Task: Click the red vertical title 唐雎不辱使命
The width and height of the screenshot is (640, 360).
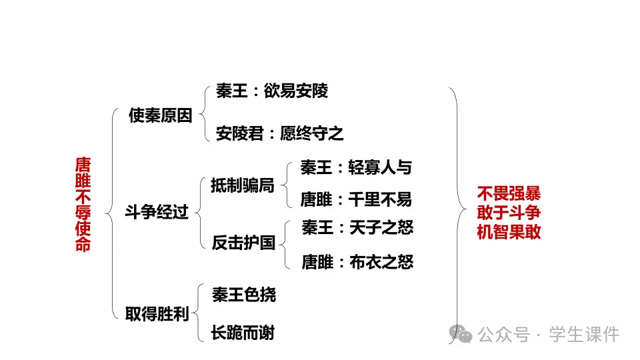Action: (83, 204)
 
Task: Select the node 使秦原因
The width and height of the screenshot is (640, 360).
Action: (160, 115)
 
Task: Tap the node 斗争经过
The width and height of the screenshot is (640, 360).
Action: (157, 213)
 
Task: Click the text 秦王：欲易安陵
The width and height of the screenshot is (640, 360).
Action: (272, 91)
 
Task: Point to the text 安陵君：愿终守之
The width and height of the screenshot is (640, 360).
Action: (280, 134)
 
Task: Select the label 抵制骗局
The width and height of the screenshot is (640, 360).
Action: (242, 185)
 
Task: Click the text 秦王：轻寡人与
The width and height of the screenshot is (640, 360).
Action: (356, 167)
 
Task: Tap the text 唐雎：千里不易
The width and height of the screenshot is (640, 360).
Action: (356, 199)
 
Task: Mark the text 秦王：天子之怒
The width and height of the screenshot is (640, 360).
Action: (357, 228)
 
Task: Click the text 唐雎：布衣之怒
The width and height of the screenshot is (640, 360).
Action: (357, 262)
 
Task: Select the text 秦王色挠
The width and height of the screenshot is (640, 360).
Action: (243, 295)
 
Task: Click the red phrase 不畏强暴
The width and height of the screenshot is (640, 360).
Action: (509, 194)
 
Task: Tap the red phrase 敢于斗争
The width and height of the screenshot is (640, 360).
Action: (509, 213)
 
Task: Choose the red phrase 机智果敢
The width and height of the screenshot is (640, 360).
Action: (509, 231)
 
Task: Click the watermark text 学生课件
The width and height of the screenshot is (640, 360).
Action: (584, 334)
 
